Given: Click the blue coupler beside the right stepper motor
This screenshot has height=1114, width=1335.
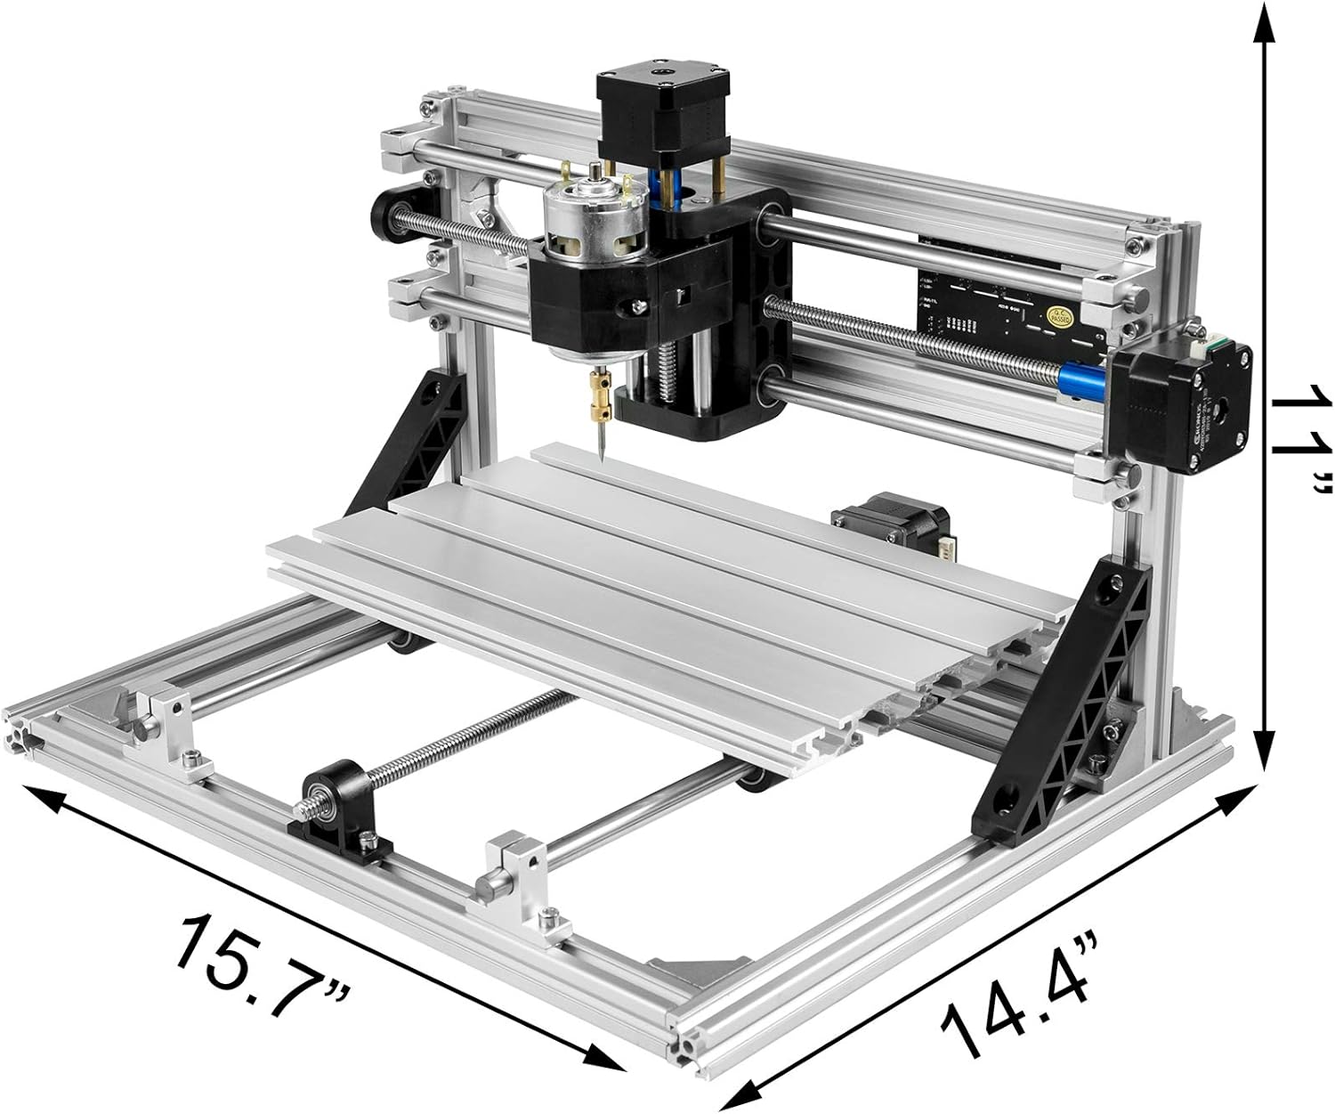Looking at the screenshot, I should pos(1085,375).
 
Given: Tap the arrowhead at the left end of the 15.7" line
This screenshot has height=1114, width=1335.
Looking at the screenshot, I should pos(36,795).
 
